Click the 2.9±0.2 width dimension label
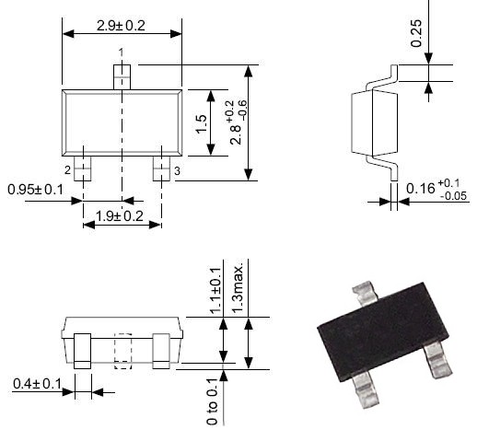click(121, 26)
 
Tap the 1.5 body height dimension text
click(202, 123)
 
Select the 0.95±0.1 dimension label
click(35, 190)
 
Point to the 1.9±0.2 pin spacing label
click(120, 216)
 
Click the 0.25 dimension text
click(416, 34)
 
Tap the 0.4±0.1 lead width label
click(37, 384)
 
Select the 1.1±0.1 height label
click(215, 290)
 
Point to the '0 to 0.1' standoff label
click(212, 401)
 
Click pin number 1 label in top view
click(121, 52)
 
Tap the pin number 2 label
click(67, 170)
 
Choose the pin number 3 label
click(177, 171)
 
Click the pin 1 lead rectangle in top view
click(122, 77)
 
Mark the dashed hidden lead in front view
click(122, 351)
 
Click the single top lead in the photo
click(365, 292)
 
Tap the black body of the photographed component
click(383, 331)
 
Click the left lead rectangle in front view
click(82, 351)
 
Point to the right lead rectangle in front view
click(161, 351)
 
